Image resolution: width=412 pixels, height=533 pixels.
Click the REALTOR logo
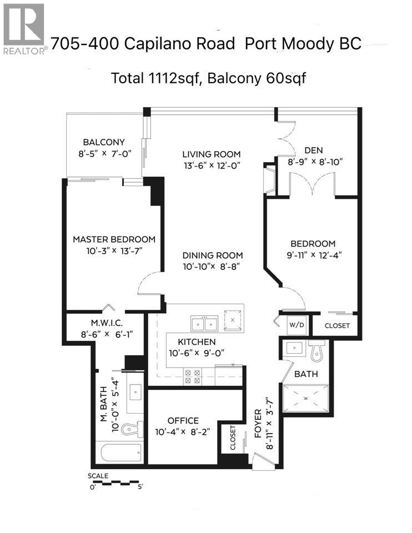[x=23, y=28]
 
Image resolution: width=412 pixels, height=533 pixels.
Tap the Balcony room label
[x=104, y=142]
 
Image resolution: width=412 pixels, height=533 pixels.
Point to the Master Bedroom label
[x=114, y=239]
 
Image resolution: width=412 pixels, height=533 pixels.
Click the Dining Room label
[x=213, y=255]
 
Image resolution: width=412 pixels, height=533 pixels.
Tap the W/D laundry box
[x=295, y=325]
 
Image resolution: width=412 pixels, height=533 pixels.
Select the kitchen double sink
[x=204, y=323]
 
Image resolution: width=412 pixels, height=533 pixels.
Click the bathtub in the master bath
[x=122, y=453]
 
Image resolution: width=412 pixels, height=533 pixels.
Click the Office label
[x=182, y=421]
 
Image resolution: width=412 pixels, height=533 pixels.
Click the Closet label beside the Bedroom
[x=337, y=325]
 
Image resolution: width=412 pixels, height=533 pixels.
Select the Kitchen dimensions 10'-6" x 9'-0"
[x=197, y=353]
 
